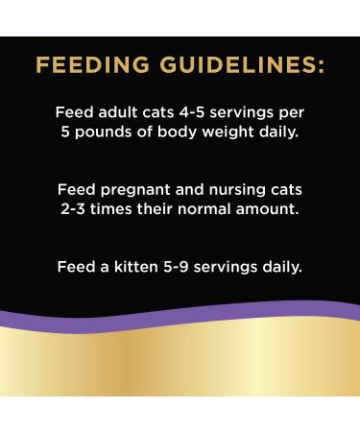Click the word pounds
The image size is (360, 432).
(102, 132)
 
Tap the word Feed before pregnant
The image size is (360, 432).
(77, 189)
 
